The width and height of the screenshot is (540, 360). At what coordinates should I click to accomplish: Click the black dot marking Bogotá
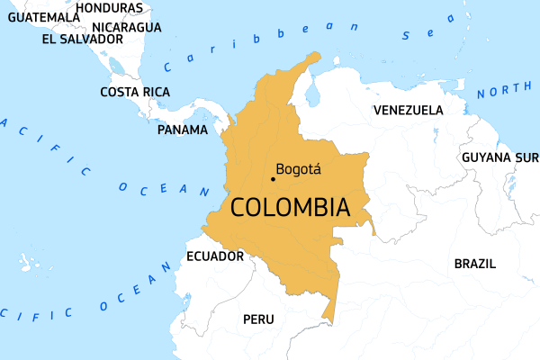coord(273,178)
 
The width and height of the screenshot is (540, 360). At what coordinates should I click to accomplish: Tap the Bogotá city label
coord(299,168)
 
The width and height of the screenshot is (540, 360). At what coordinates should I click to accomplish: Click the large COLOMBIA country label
coord(290,207)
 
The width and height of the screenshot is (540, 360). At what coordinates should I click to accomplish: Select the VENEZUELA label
coord(408,110)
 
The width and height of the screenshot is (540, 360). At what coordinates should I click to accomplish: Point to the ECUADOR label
coord(215,256)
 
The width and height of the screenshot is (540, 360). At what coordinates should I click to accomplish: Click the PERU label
coord(258,319)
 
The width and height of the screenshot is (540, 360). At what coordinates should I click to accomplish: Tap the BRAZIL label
coord(474,264)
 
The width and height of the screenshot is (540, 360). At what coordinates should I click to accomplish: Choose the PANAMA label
coord(183,130)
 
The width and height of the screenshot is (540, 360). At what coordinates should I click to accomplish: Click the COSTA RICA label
coord(135,92)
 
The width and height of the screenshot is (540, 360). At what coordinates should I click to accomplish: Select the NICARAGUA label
coord(127,27)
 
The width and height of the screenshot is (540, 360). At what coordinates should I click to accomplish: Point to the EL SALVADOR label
coord(83,39)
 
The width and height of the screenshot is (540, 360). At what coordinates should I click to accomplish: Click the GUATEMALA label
coord(37,16)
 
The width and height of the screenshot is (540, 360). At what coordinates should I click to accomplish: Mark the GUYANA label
coord(487,157)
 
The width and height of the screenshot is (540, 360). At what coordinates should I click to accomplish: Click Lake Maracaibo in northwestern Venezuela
coord(314,93)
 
